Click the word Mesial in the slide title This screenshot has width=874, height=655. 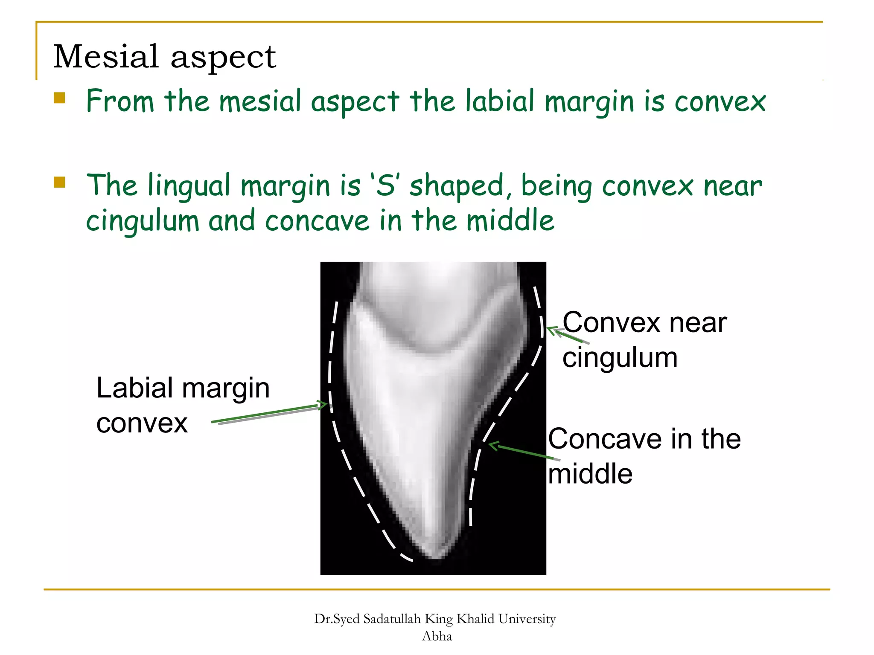pos(106,57)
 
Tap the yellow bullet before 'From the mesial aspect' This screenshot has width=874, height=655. pos(59,99)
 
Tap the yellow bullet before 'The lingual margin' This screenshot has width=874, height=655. pos(59,183)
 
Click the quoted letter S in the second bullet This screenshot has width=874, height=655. pos(385,186)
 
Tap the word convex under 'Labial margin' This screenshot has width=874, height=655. pos(142,423)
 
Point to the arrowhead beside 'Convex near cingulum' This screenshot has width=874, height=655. pos(552,330)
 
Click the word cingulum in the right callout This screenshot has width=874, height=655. pos(620,357)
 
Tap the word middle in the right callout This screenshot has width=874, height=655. pos(590,474)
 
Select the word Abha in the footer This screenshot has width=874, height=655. pos(437,636)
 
